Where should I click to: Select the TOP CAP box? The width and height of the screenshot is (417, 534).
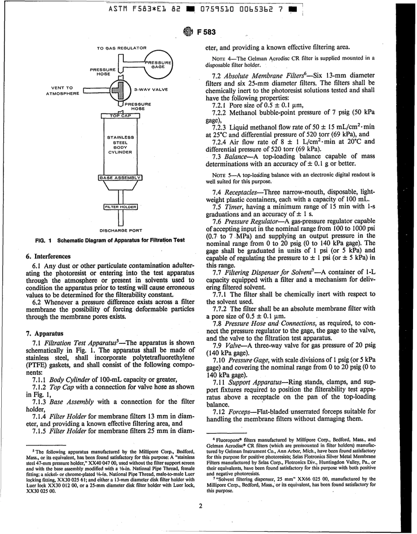(x=120, y=116)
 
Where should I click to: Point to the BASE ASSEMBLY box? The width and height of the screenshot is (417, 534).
(x=120, y=178)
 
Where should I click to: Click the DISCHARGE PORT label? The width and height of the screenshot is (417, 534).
(x=120, y=229)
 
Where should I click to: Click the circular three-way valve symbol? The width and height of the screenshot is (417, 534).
(x=120, y=90)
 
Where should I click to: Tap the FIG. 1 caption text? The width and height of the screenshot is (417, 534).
(x=110, y=240)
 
